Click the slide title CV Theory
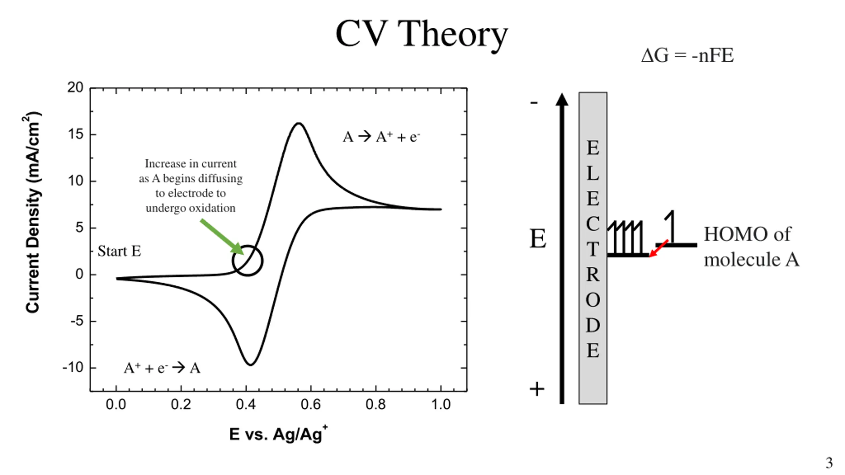click(422, 34)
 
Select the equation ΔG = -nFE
click(687, 55)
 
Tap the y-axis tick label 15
click(76, 135)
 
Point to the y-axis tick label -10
click(73, 367)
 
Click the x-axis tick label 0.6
click(311, 404)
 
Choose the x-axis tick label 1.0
click(441, 404)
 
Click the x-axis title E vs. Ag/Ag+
click(278, 434)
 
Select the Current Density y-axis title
click(33, 213)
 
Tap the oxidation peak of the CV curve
click(299, 124)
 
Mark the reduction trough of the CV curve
click(251, 364)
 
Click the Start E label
click(119, 251)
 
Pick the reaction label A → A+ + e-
click(381, 137)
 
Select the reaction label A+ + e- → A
click(162, 368)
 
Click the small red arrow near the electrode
click(659, 248)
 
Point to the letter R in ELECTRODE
click(593, 274)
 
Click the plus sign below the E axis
click(537, 389)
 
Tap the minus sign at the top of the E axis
click(534, 103)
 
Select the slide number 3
click(829, 463)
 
